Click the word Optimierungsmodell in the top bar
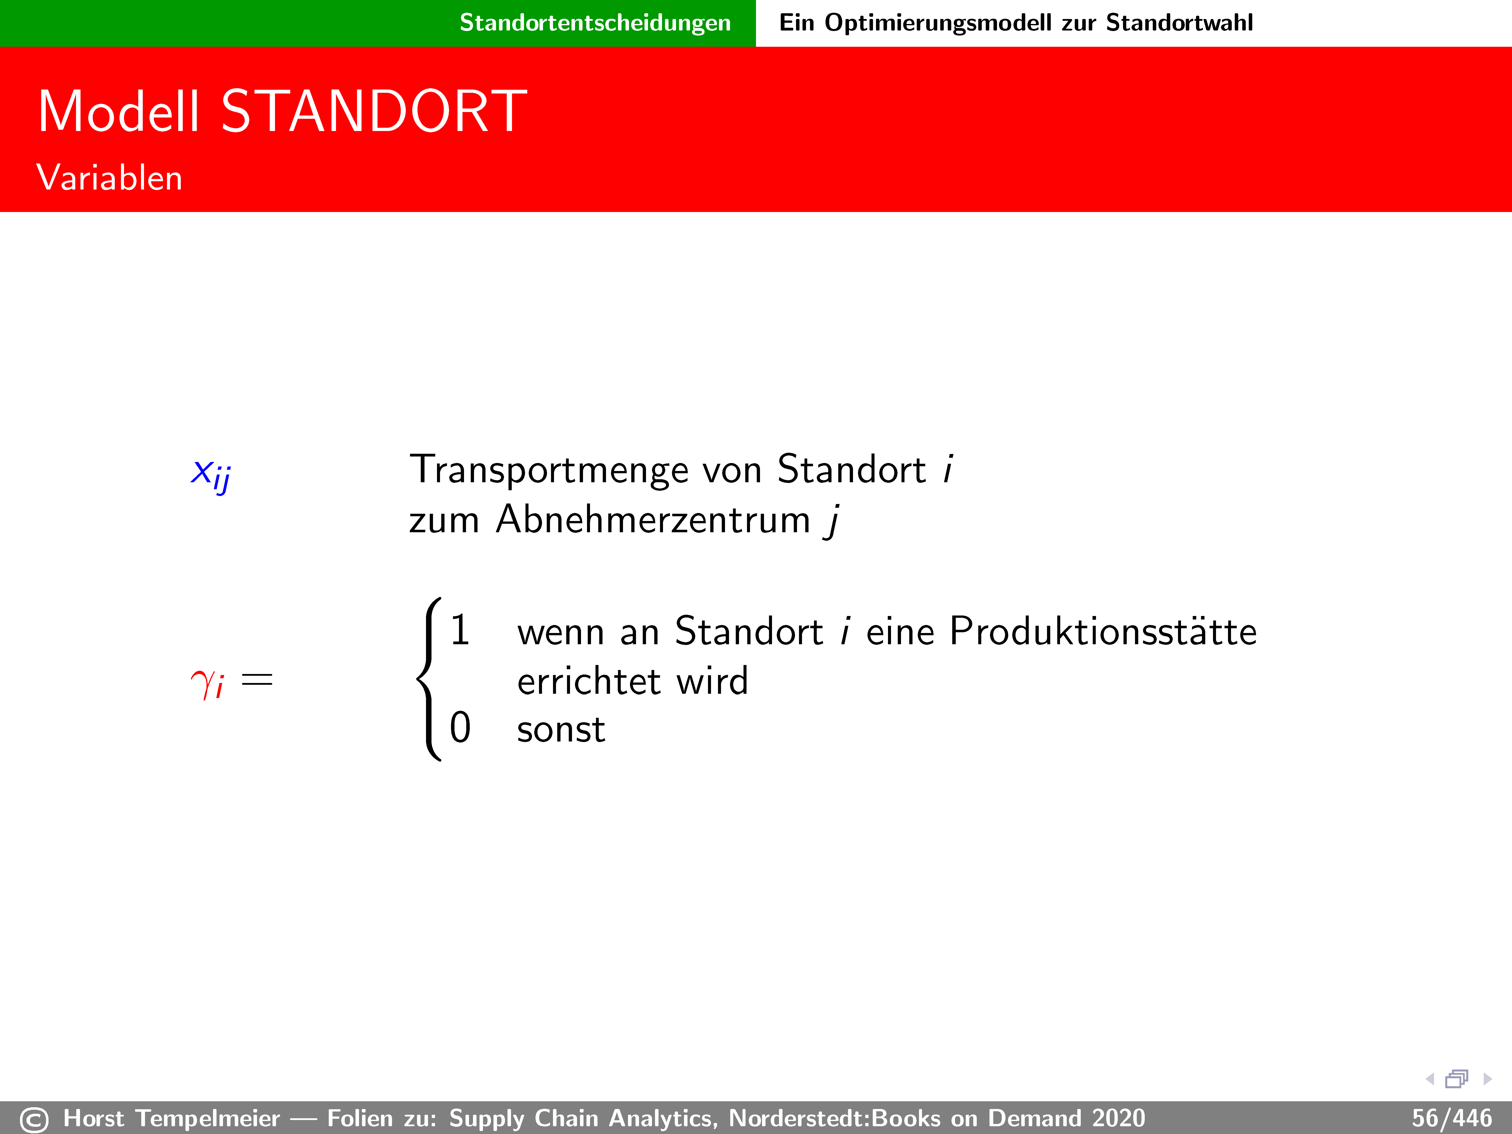coord(938,23)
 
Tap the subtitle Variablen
coord(109,178)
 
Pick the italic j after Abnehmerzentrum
coord(832,521)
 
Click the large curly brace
coord(429,679)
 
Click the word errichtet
coord(589,681)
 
